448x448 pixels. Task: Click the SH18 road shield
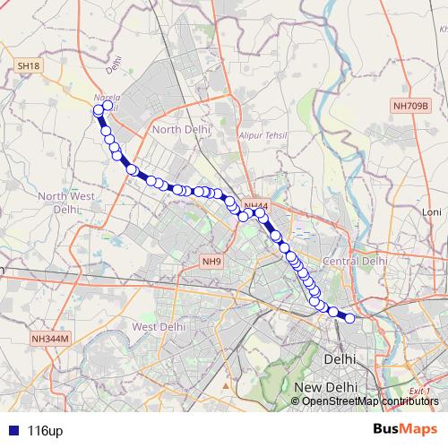(29, 66)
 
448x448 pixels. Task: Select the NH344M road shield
(50, 338)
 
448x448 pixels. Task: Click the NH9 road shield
(211, 262)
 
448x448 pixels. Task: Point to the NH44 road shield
(256, 206)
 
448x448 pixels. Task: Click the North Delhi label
(181, 130)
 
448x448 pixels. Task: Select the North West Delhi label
(65, 202)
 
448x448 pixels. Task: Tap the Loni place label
(433, 211)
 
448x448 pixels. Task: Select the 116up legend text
(45, 431)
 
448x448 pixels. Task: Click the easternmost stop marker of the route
(350, 318)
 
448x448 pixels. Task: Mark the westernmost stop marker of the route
(99, 110)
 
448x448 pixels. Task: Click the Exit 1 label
(419, 392)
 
